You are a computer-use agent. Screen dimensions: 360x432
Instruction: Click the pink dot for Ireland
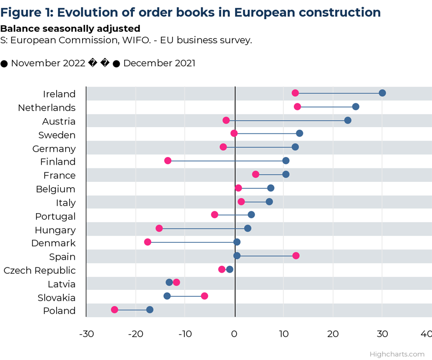[x=295, y=93]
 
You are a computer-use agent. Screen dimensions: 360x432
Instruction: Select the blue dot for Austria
[x=348, y=120]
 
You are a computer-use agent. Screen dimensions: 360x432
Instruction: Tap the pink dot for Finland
[x=168, y=160]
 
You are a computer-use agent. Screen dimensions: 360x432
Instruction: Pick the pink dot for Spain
[x=296, y=255]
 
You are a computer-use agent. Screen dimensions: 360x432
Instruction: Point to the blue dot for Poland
[x=150, y=310]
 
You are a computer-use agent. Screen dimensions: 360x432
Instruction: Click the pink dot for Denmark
[x=147, y=242]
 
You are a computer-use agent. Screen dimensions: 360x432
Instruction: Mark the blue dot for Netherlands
[x=356, y=107]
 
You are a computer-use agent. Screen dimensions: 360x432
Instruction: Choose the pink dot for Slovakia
[x=204, y=296]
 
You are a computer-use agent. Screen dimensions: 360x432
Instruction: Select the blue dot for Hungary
[x=248, y=228]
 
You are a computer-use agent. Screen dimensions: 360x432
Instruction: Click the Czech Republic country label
[x=39, y=270]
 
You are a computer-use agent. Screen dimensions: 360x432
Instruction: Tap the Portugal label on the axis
[x=55, y=216]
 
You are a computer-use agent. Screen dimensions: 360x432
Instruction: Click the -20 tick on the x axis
[x=135, y=334]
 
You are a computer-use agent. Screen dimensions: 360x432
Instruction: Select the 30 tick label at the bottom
[x=382, y=334]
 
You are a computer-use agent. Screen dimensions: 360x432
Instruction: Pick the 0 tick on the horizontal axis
[x=235, y=334]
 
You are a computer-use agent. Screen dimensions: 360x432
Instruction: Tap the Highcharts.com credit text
[x=397, y=354]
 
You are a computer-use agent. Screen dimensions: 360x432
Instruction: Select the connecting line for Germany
[x=259, y=147]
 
